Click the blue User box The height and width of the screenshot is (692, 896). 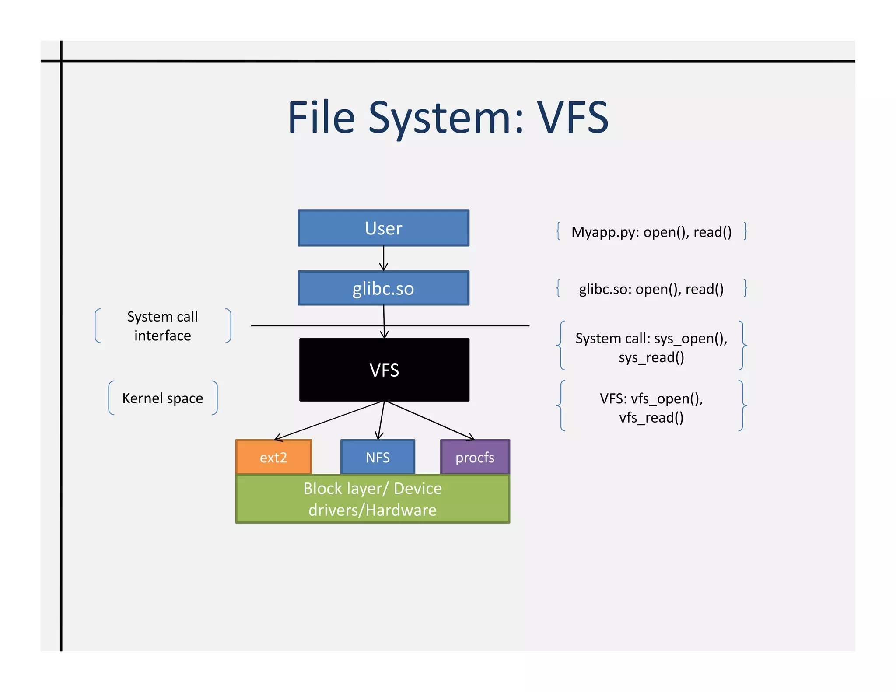(x=383, y=228)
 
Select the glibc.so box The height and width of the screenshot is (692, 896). (x=383, y=288)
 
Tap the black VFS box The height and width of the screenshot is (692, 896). (x=384, y=370)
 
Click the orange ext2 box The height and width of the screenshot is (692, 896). (x=273, y=457)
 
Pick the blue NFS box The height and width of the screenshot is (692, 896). (x=378, y=457)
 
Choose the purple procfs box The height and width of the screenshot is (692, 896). (x=475, y=457)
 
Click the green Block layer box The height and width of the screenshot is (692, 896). (x=372, y=499)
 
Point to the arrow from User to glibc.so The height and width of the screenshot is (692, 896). (x=384, y=258)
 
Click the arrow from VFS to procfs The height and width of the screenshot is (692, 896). (x=429, y=420)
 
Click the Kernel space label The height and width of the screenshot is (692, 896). (x=163, y=398)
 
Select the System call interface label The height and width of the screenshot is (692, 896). (x=163, y=326)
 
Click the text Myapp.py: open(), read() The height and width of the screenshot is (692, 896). (x=651, y=232)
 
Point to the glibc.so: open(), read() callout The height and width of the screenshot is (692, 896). (x=651, y=289)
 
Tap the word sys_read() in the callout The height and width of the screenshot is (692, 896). (x=651, y=357)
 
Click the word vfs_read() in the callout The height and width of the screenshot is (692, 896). (x=651, y=417)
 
